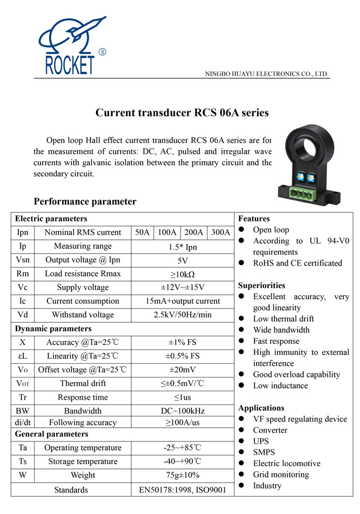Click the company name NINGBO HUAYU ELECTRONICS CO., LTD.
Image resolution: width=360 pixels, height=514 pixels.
tap(267, 74)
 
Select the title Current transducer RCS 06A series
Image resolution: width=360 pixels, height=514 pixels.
tap(182, 113)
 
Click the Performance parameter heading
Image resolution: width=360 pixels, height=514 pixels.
tap(85, 202)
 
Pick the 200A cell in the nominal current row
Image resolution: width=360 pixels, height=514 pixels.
tap(194, 232)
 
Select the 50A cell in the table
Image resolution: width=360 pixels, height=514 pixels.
tap(142, 232)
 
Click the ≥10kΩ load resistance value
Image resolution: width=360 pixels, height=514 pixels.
tap(183, 274)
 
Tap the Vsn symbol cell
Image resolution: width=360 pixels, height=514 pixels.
tap(23, 260)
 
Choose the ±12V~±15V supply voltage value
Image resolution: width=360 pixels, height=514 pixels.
tap(183, 287)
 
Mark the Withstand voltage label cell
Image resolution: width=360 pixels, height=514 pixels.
tap(83, 315)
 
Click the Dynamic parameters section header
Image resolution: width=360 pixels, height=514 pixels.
tap(53, 328)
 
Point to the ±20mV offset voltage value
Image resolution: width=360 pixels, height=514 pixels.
tap(183, 370)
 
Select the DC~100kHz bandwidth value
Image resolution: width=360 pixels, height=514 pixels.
tap(183, 411)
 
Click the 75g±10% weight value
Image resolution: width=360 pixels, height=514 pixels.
tap(183, 475)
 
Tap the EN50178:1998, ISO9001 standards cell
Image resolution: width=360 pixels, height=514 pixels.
tap(183, 489)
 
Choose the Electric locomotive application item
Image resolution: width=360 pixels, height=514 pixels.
tap(286, 463)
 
